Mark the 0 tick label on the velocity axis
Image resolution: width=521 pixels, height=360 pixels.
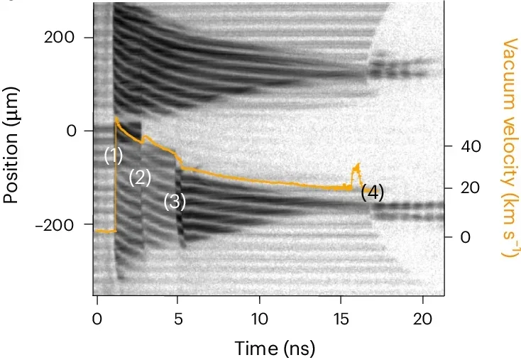tap(465, 237)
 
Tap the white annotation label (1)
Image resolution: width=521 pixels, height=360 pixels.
tap(114, 155)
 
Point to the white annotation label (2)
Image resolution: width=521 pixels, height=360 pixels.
tap(140, 178)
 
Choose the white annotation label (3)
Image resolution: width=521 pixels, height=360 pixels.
tap(175, 202)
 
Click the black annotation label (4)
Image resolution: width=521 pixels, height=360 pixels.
tap(372, 192)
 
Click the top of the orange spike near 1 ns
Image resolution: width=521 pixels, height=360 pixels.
tap(116, 119)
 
